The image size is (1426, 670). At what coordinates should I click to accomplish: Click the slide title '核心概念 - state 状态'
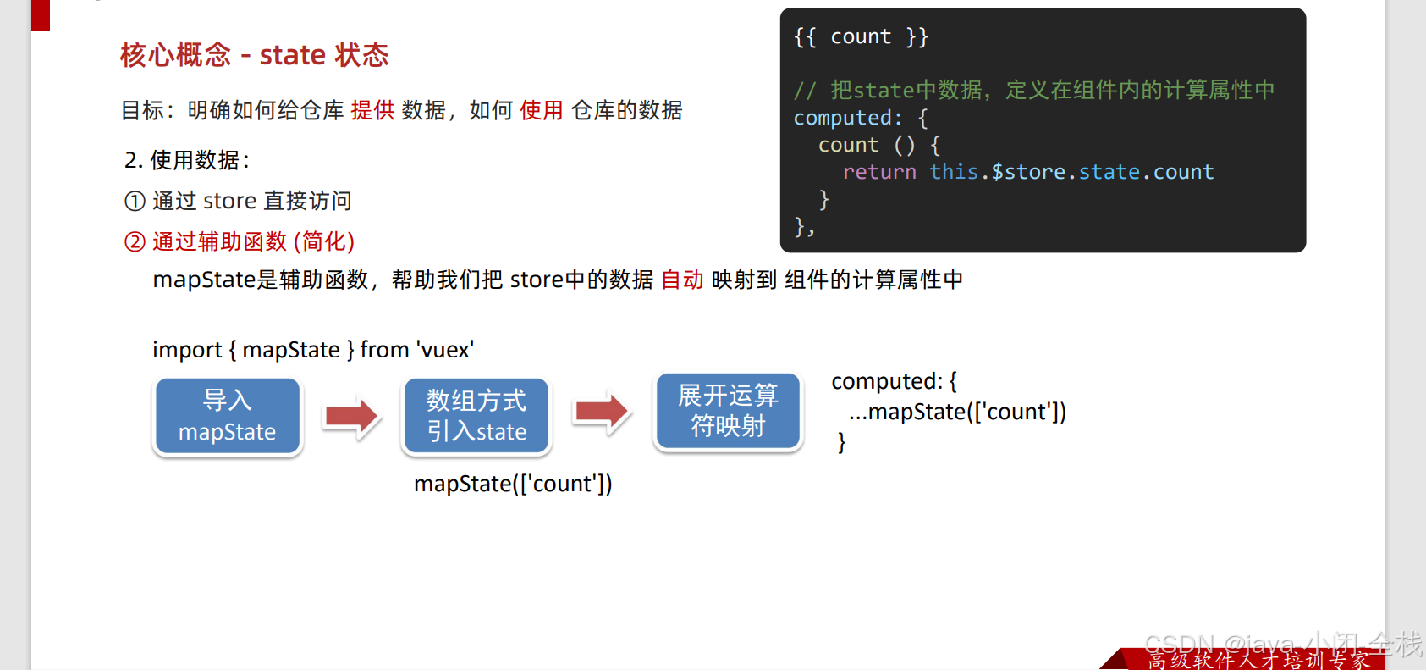[x=254, y=55]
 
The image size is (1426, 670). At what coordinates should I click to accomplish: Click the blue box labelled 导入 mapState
[x=227, y=416]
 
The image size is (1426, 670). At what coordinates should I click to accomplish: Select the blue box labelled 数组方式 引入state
[x=476, y=416]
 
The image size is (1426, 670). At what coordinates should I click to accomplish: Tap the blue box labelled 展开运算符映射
[x=728, y=411]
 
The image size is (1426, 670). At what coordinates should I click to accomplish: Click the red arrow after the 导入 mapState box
[x=352, y=416]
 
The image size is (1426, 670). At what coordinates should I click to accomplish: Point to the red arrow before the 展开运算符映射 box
[x=602, y=412]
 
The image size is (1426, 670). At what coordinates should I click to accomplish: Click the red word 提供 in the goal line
[x=372, y=110]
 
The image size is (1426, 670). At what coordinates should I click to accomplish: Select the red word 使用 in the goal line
[x=542, y=110]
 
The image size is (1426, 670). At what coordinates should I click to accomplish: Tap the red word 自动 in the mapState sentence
[x=682, y=280]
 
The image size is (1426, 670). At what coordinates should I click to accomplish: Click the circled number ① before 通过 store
[x=135, y=202]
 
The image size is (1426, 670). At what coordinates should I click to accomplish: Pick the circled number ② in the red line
[x=135, y=242]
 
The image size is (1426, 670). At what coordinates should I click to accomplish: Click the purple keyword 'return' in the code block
[x=879, y=172]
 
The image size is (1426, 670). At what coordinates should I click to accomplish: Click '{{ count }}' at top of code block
[x=861, y=36]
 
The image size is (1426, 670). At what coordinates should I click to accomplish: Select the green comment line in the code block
[x=1033, y=90]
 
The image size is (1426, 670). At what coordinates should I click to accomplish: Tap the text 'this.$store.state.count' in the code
[x=1071, y=172]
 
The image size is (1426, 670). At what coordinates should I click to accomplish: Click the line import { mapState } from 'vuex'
[x=313, y=350]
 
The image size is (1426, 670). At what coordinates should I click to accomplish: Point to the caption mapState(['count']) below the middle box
[x=513, y=484]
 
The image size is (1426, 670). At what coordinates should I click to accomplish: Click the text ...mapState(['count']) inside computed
[x=957, y=412]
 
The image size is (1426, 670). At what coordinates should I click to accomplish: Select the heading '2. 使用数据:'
[x=187, y=160]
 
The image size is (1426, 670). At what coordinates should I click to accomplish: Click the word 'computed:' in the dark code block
[x=847, y=118]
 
